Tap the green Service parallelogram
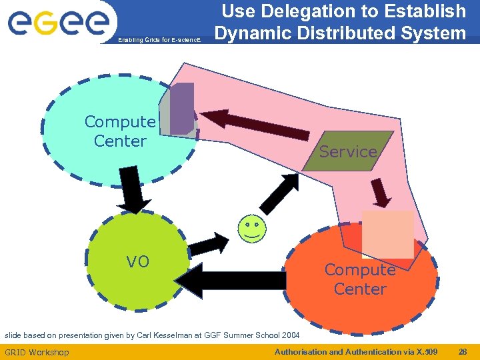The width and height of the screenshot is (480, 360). (348, 151)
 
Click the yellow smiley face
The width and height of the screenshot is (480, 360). (251, 228)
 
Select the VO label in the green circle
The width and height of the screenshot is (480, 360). (138, 262)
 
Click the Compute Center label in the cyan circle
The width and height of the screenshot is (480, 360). (120, 131)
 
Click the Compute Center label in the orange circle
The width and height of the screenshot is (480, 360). (360, 279)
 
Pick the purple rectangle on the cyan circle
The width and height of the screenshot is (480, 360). (182, 108)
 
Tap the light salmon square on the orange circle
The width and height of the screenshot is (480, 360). (387, 234)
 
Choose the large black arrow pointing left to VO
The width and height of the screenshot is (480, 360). (233, 281)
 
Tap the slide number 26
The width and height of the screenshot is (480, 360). (463, 351)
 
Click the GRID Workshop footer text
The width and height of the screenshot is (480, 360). (37, 352)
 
